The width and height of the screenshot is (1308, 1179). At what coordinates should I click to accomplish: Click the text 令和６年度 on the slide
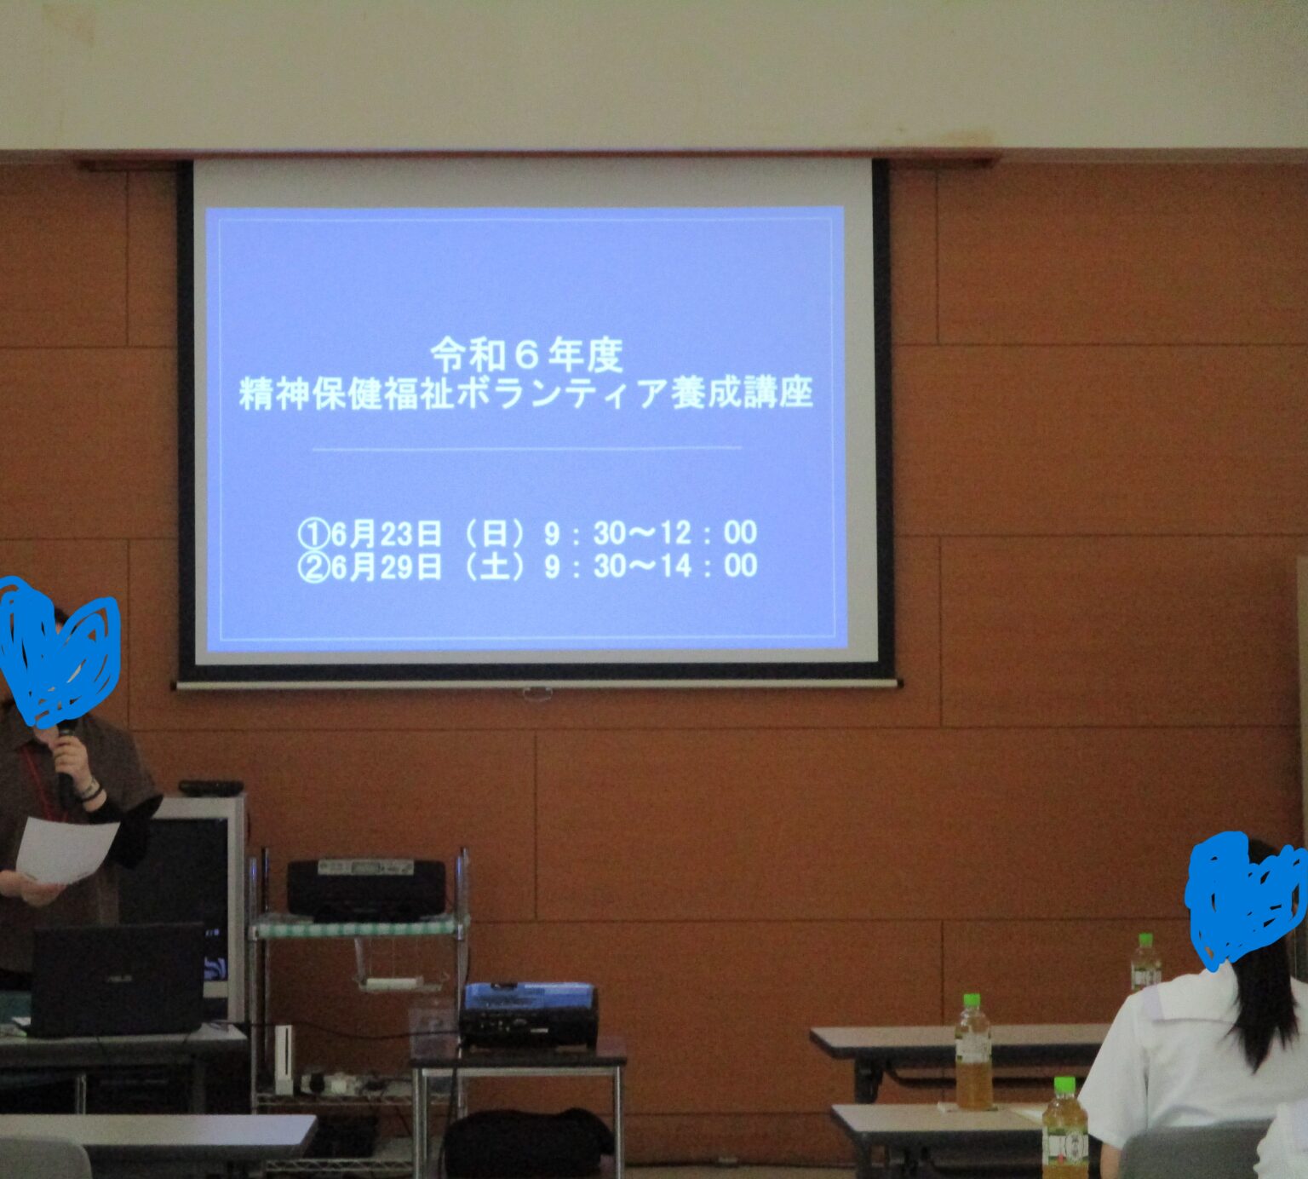pyautogui.click(x=527, y=355)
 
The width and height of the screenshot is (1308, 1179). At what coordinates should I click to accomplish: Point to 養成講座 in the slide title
pyautogui.click(x=742, y=393)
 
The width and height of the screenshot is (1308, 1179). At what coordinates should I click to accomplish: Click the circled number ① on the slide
pyautogui.click(x=313, y=534)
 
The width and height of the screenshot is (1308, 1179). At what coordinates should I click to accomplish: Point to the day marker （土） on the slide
pyautogui.click(x=494, y=566)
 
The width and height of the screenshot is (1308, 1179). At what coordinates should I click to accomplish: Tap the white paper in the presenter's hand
pyautogui.click(x=65, y=849)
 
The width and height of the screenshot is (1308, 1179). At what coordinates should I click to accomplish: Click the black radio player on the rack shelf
pyautogui.click(x=366, y=889)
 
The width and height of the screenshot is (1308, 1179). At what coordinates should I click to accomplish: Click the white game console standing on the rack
pyautogui.click(x=284, y=1059)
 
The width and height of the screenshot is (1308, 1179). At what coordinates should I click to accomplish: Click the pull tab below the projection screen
pyautogui.click(x=537, y=693)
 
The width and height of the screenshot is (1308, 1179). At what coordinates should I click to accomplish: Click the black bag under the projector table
pyautogui.click(x=528, y=1143)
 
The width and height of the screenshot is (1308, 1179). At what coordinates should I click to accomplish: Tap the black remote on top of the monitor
pyautogui.click(x=210, y=788)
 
